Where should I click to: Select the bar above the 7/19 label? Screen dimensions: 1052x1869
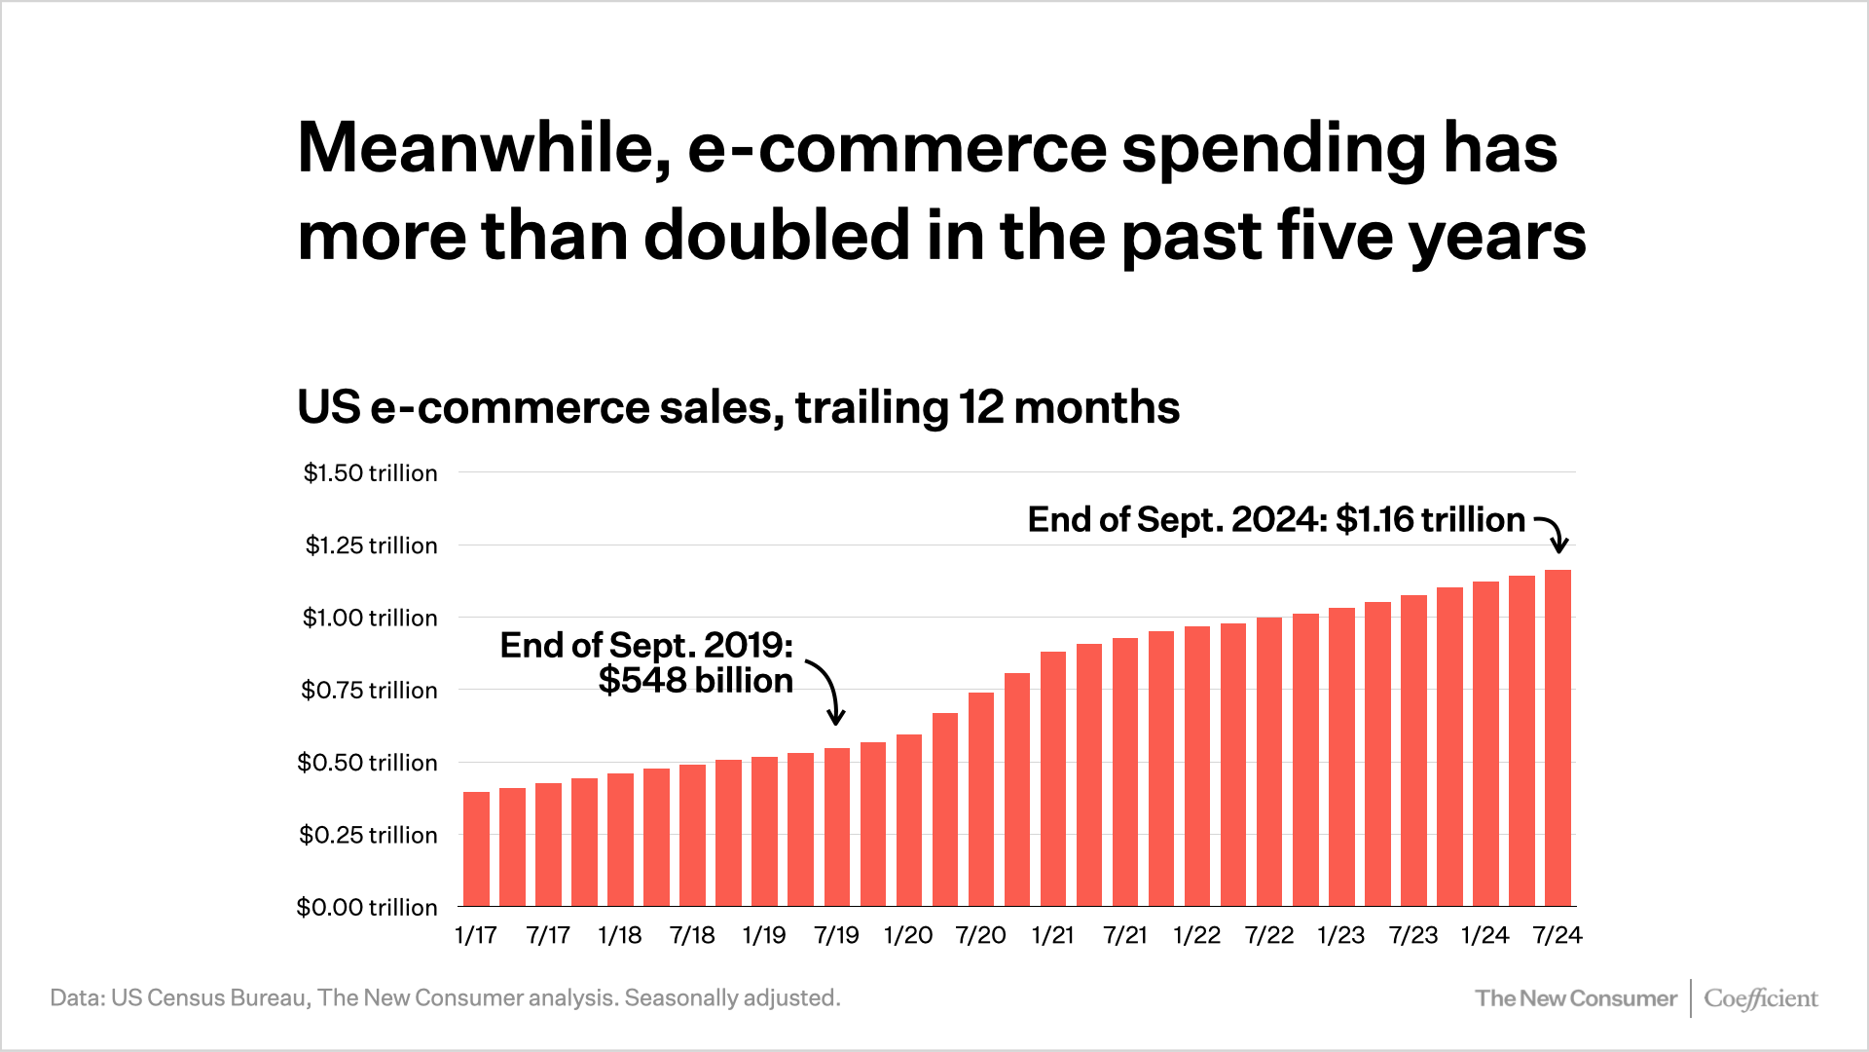click(837, 827)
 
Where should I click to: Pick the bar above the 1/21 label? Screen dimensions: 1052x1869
click(1053, 779)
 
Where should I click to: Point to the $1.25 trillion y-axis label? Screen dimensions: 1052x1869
click(371, 545)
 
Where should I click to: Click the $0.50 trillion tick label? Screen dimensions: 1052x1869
click(367, 763)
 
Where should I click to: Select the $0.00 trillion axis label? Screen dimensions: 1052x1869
click(367, 908)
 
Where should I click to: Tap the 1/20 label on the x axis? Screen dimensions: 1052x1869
click(908, 936)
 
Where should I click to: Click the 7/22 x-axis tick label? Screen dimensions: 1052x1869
click(1269, 936)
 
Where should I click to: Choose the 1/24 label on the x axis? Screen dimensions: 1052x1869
click(1485, 936)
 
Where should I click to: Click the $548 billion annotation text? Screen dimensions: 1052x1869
click(695, 681)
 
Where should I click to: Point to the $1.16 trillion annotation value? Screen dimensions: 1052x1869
click(1429, 520)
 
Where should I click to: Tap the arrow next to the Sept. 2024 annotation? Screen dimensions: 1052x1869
click(1553, 533)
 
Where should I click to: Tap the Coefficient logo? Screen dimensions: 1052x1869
click(1760, 998)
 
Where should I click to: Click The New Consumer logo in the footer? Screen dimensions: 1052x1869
click(1575, 998)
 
